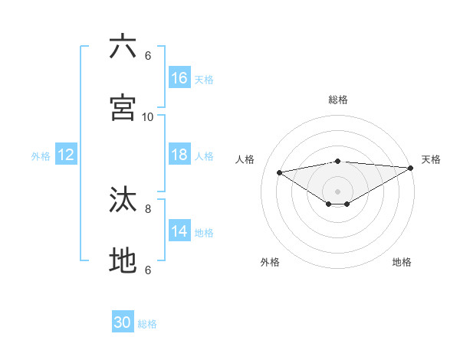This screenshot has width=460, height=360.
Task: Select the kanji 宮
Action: click(123, 107)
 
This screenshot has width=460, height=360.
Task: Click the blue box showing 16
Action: click(179, 78)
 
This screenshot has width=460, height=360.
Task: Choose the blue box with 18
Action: click(179, 155)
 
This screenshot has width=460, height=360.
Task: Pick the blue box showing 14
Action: click(179, 231)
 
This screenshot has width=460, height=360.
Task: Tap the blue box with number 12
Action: click(66, 155)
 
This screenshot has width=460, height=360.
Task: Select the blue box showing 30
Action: click(123, 323)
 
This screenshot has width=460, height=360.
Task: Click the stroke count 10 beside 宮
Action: click(148, 116)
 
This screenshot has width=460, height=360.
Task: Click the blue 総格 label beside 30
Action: click(147, 324)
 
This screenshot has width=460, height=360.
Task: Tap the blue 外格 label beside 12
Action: click(41, 155)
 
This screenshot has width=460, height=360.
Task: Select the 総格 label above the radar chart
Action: click(338, 100)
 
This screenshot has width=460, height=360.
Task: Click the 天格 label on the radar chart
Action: click(431, 159)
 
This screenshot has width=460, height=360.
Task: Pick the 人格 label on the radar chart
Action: click(245, 159)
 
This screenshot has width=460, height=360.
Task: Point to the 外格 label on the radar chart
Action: click(270, 262)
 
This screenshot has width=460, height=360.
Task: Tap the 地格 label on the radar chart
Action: click(402, 262)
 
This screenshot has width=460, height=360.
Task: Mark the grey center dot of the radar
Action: click(338, 191)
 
